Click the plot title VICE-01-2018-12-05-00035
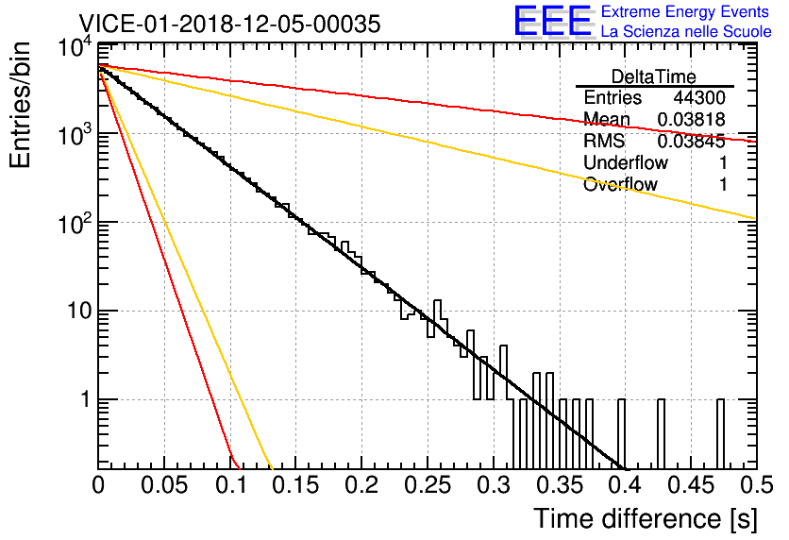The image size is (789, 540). pos(229,24)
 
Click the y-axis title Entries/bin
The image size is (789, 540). pos(20,105)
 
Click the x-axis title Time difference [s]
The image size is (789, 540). pos(646,519)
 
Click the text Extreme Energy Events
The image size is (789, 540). pos(685,11)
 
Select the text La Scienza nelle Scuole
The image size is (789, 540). pos(686,31)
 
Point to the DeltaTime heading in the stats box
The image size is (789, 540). pos(654,76)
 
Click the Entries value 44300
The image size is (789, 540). pos(699,97)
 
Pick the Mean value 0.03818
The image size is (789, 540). pos(692,119)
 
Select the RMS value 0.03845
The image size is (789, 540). pos(692,142)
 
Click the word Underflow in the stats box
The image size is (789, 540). pos(626,162)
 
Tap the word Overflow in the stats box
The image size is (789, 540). pos(620,184)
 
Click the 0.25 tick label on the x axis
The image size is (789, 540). pos(428,485)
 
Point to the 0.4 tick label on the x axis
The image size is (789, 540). pos(624,485)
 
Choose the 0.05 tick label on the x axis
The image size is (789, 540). pos(164,485)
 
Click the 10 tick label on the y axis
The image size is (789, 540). pos(79,311)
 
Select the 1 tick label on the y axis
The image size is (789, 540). pos(86,399)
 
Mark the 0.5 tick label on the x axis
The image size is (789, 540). pos(756,485)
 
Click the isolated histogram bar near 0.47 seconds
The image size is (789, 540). pos(720,434)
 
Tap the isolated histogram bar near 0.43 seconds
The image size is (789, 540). pos(661,434)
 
